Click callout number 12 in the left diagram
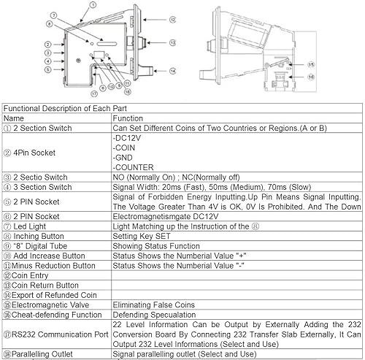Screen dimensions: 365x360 [x=172, y=20]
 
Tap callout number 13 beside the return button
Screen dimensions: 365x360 [x=172, y=43]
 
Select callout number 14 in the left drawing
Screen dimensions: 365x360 [x=172, y=71]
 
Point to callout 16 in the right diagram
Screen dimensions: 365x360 [x=311, y=77]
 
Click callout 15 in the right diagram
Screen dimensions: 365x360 [x=311, y=65]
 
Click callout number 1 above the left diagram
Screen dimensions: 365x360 [x=93, y=4]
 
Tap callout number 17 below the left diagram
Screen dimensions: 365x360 [x=94, y=93]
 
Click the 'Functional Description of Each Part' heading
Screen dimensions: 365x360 [x=65, y=108]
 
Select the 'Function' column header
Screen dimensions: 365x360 [x=128, y=118]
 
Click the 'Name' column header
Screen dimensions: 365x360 [x=14, y=118]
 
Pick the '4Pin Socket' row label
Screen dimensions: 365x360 [x=29, y=153]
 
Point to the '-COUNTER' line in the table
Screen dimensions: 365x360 [x=133, y=167]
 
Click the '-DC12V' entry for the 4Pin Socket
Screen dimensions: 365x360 [x=127, y=138]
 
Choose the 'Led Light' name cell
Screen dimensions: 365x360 [x=25, y=226]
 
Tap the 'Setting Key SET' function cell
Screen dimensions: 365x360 [x=142, y=236]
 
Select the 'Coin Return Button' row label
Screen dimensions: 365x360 [x=41, y=286]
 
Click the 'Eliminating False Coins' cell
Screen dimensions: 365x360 [x=154, y=305]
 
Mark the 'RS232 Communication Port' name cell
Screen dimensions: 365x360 [x=56, y=334]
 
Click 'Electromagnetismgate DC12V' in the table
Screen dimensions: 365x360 [x=166, y=216]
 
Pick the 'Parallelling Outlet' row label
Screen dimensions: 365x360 [x=38, y=354]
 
